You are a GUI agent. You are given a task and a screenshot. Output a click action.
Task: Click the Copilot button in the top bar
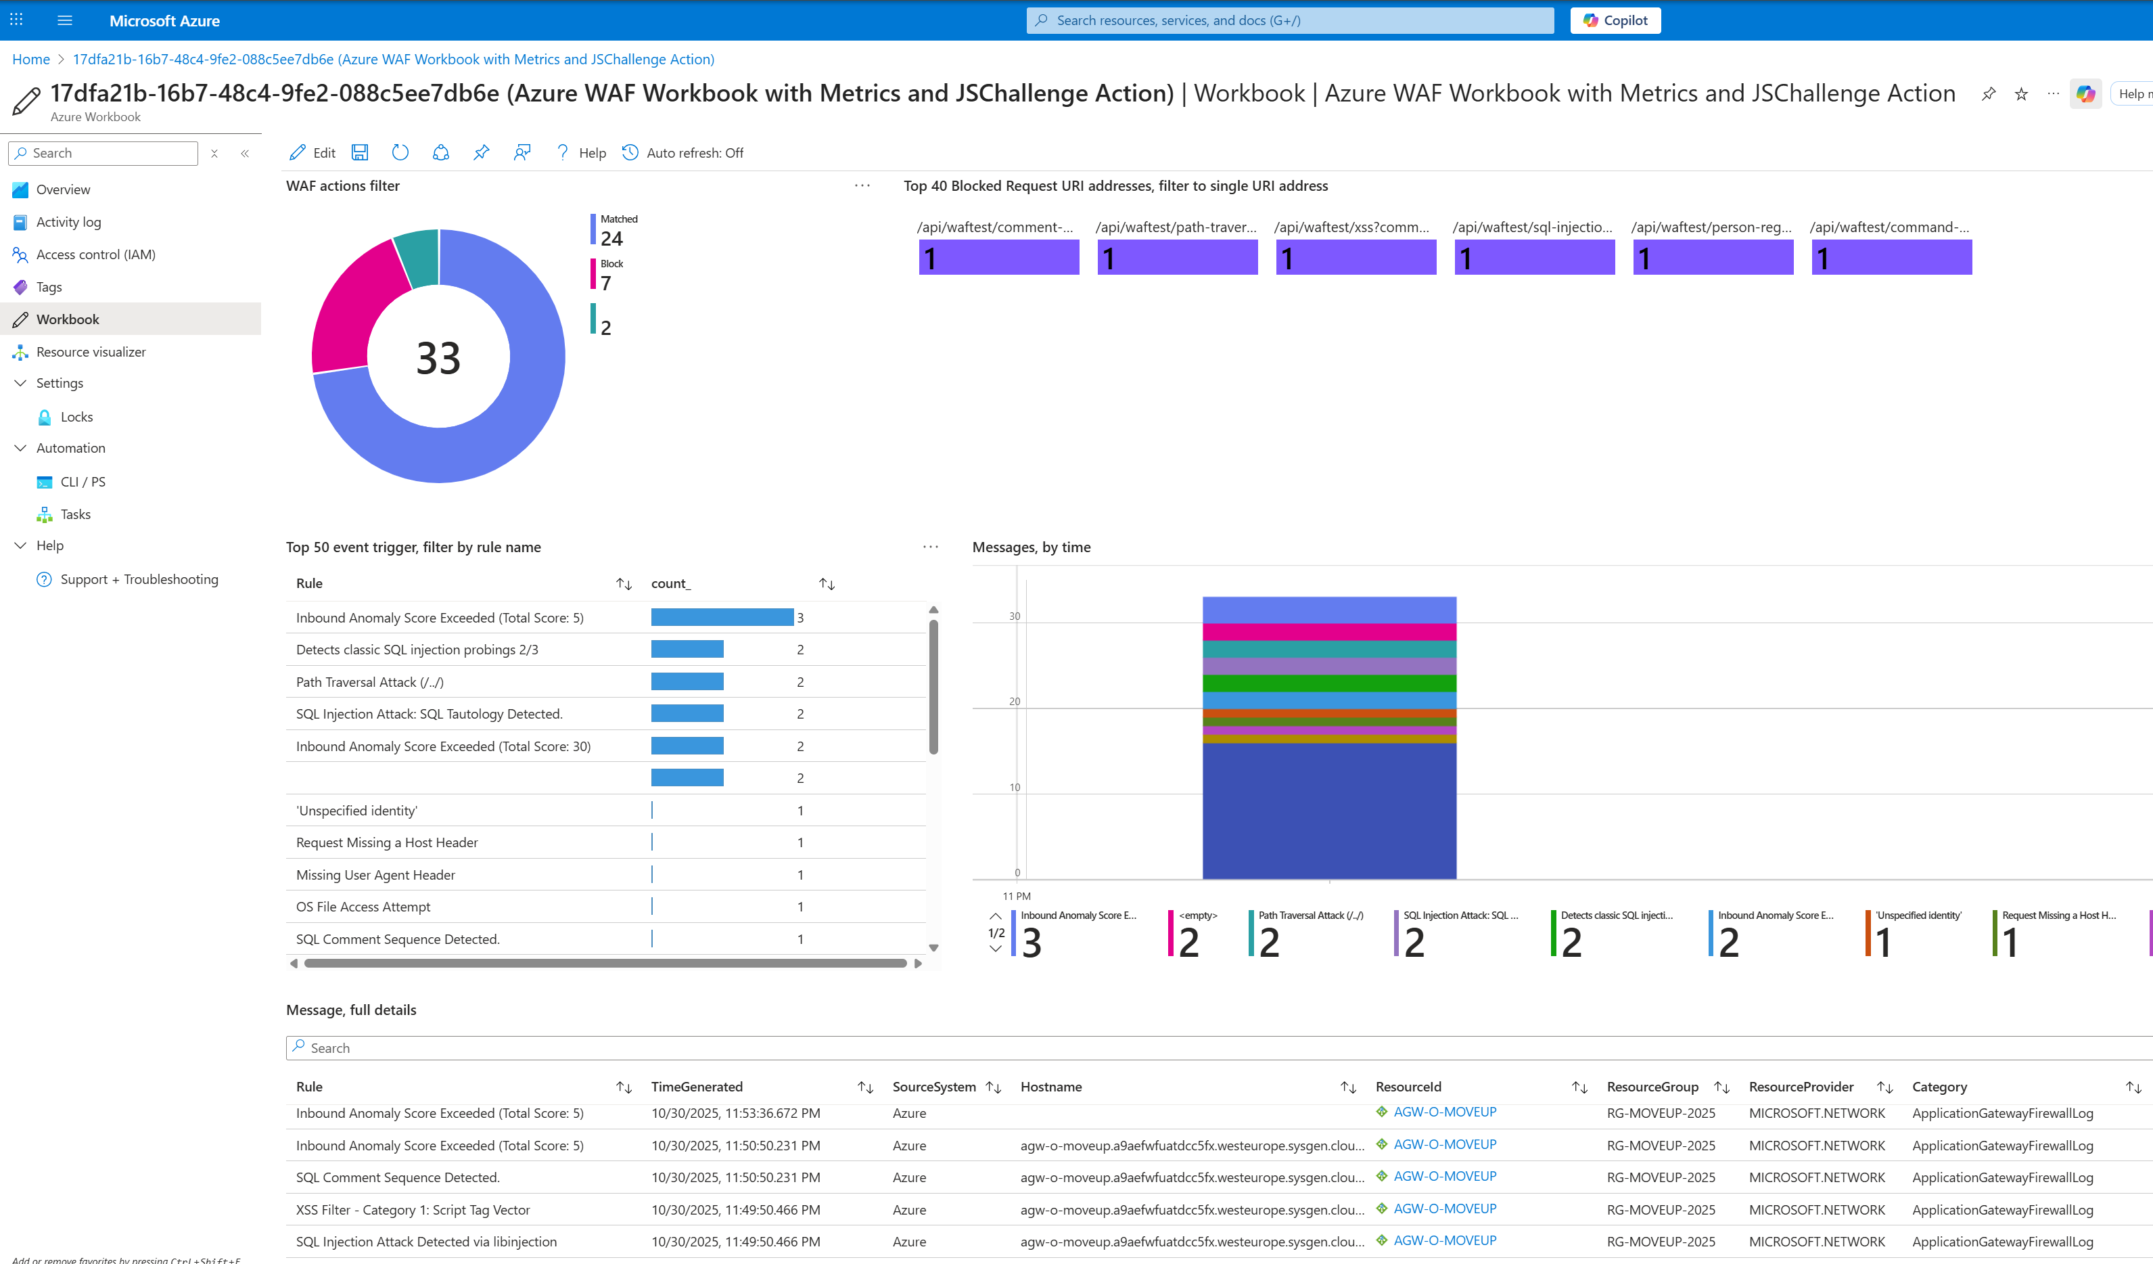[x=1615, y=20]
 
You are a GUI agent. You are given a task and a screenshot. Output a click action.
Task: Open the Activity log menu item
[x=68, y=222]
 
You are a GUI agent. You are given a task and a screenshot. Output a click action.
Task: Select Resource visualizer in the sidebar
[x=91, y=352]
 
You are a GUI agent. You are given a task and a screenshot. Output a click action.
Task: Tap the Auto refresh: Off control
[x=682, y=153]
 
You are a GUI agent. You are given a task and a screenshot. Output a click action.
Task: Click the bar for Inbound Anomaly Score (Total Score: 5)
[x=721, y=617]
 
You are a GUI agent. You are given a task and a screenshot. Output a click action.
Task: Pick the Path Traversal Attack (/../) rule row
[x=370, y=682]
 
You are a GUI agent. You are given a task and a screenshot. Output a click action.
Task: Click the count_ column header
[x=671, y=584]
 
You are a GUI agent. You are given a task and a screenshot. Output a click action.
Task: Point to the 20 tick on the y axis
[x=1014, y=702]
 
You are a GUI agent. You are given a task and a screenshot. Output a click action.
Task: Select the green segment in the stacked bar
[x=1328, y=683]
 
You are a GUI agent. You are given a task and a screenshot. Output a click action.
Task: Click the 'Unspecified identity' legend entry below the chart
[x=1918, y=916]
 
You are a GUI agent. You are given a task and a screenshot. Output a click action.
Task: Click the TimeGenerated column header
[x=696, y=1087]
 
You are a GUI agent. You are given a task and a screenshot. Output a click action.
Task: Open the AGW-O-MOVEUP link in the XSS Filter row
[x=1444, y=1209]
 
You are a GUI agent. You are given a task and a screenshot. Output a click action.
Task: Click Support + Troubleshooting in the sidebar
[x=139, y=579]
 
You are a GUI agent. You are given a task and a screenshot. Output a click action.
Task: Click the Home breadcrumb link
[x=30, y=59]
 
